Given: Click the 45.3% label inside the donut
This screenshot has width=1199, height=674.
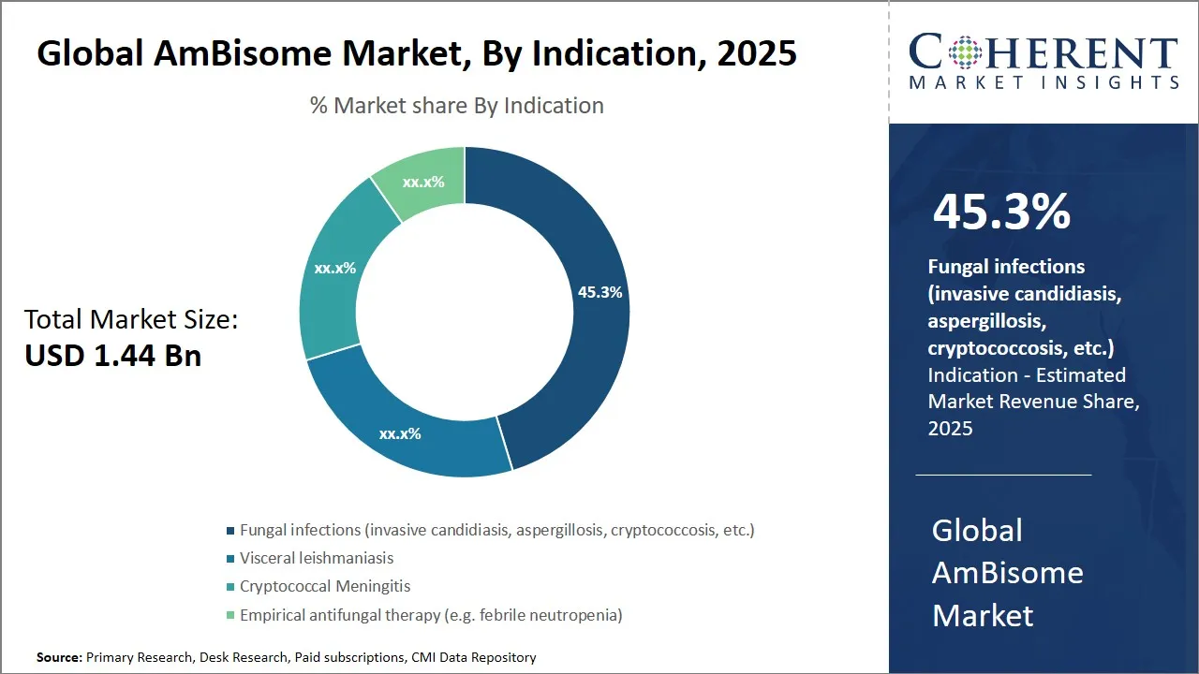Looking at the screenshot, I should [599, 292].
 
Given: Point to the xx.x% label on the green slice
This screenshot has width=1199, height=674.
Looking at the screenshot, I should [423, 182].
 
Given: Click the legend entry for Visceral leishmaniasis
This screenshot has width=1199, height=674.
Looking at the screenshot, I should [317, 558].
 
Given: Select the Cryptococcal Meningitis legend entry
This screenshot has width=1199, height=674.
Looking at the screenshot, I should [325, 586].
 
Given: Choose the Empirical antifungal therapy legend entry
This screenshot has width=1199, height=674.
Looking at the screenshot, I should [431, 615].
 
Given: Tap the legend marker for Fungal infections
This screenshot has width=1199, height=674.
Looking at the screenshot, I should [230, 531].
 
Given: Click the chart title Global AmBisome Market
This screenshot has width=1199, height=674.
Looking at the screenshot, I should [417, 53].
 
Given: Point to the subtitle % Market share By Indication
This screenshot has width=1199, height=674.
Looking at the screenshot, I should [457, 106].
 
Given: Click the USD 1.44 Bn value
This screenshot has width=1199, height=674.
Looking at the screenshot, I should [113, 356].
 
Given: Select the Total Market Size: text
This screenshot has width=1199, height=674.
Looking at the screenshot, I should [131, 320].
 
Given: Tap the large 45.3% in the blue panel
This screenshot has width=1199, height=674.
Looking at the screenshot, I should [1001, 212].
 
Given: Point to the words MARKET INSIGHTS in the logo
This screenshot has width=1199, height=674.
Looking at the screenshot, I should [1044, 82].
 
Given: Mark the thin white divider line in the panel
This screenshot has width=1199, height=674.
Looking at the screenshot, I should [1003, 475].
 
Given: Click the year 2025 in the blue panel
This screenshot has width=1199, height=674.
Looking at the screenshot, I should [951, 428].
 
